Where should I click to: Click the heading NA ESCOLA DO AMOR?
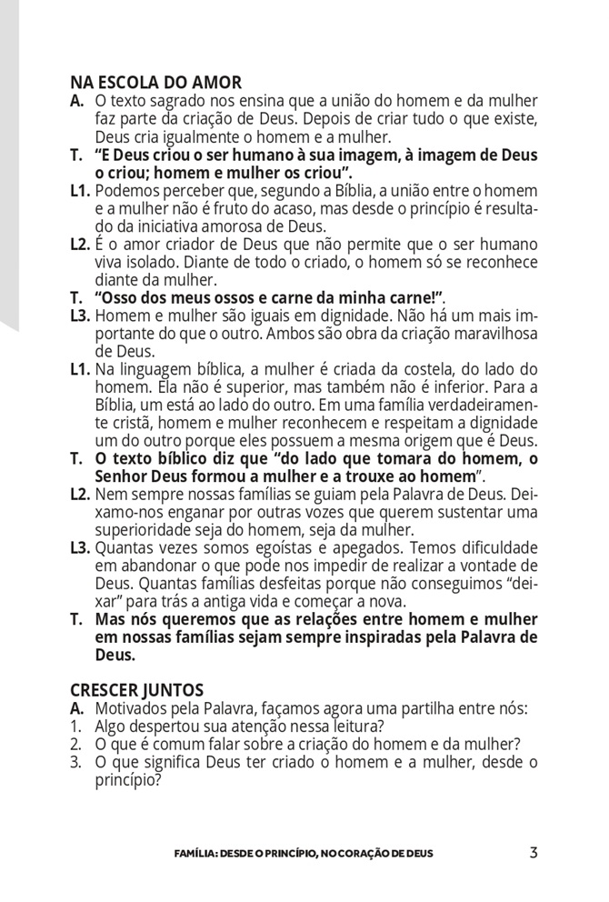[x=155, y=85]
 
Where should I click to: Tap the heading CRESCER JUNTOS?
[x=136, y=691]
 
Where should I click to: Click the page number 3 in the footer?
[x=534, y=853]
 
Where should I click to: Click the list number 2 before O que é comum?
[x=75, y=744]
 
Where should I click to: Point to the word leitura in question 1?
[x=353, y=726]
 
